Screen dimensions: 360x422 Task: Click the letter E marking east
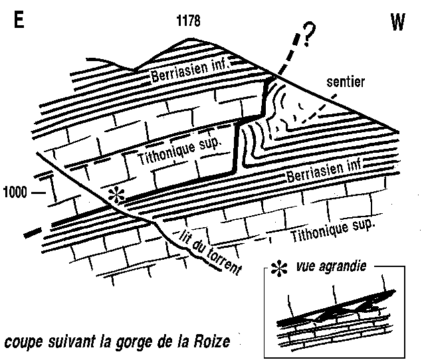[x=19, y=21]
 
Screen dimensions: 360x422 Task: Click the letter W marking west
[x=397, y=24]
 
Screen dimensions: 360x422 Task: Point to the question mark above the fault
[x=307, y=33]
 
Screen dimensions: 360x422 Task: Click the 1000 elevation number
[x=15, y=193]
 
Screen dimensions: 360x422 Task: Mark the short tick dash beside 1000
[x=39, y=193]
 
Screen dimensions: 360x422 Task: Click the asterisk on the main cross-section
[x=117, y=196]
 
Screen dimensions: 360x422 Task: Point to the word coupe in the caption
[x=23, y=343]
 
